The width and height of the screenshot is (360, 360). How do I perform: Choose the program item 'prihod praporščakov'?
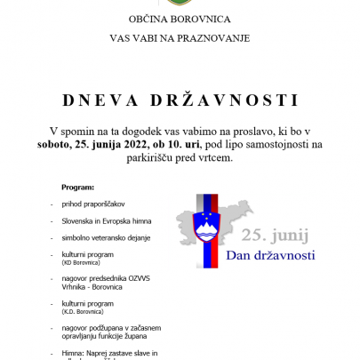click(x=93, y=204)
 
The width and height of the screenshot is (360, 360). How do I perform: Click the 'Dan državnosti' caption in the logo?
click(x=272, y=256)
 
